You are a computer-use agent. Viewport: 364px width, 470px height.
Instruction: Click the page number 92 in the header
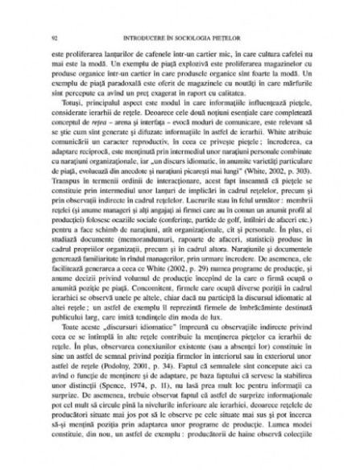52,37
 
